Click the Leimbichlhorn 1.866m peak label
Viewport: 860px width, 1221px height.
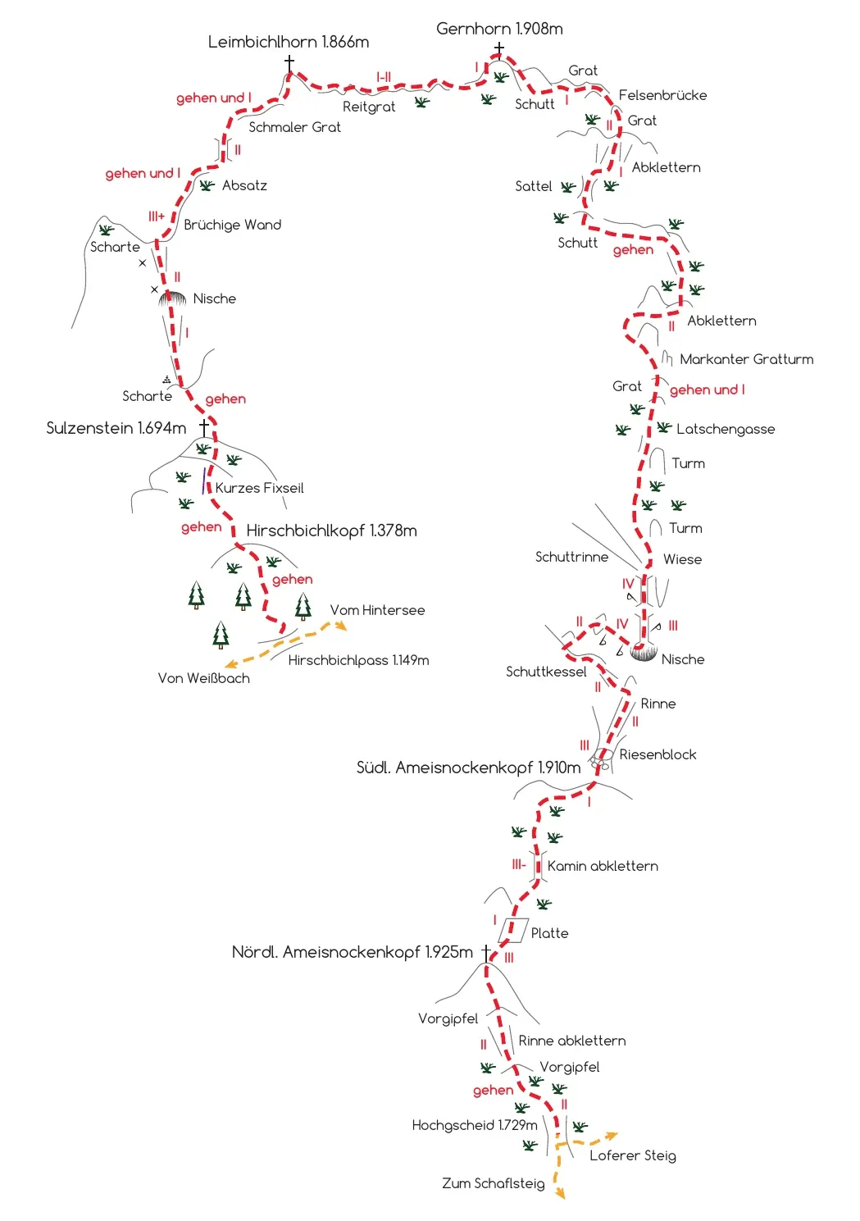click(289, 42)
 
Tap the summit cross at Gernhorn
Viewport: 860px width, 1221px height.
click(498, 50)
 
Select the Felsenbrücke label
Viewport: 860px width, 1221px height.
click(662, 95)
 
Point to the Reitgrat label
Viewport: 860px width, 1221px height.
click(368, 107)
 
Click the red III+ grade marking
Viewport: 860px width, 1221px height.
click(157, 216)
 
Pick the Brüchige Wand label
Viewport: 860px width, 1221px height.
click(232, 225)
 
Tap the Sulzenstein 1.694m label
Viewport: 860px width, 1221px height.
click(116, 428)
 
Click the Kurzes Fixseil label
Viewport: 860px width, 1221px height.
click(259, 488)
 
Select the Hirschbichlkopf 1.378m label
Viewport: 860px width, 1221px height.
click(331, 531)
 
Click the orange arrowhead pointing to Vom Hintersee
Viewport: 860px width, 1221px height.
click(341, 626)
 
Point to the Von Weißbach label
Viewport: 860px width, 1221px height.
click(204, 678)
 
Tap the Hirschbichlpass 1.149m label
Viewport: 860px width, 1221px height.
click(358, 660)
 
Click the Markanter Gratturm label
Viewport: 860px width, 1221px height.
click(746, 359)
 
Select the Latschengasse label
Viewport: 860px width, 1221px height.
click(726, 429)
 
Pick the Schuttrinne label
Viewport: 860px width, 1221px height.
click(571, 557)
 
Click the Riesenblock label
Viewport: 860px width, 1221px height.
click(658, 754)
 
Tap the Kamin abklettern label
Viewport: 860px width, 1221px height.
click(603, 866)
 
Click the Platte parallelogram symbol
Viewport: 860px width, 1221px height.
click(513, 931)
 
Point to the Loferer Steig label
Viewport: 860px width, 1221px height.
click(633, 1155)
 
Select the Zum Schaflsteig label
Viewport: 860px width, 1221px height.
click(493, 1183)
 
